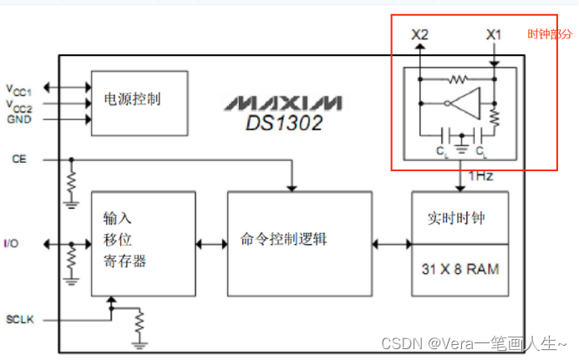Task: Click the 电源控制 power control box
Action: pos(139,103)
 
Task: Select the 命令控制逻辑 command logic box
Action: pos(298,242)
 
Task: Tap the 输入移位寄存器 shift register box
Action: pos(143,242)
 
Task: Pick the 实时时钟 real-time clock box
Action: pos(460,220)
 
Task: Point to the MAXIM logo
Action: pos(282,103)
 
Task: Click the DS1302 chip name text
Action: pos(283,123)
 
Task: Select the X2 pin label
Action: pos(420,35)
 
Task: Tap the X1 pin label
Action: pos(495,35)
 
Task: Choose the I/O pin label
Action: pos(11,243)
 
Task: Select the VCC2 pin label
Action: pos(20,104)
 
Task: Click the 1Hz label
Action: pos(480,177)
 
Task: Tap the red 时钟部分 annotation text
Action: pos(550,34)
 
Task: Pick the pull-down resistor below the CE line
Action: pos(71,180)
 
